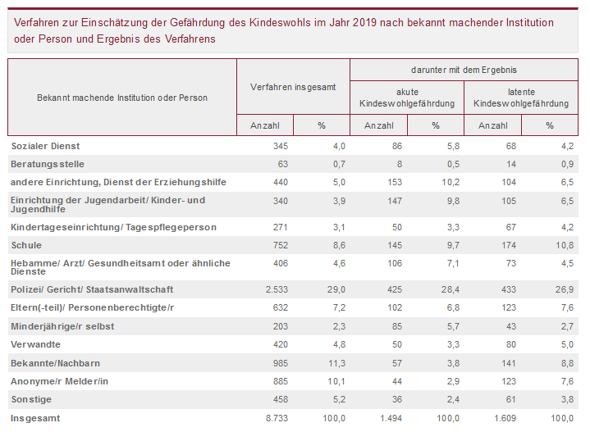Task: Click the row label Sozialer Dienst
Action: (x=44, y=146)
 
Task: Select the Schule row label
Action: (x=26, y=245)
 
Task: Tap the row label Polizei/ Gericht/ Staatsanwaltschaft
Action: (x=93, y=290)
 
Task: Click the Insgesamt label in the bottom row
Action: (x=35, y=418)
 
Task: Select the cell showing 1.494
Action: (x=387, y=418)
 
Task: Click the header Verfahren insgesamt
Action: (x=293, y=86)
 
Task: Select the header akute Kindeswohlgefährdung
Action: (x=407, y=98)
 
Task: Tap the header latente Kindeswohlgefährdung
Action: (x=521, y=98)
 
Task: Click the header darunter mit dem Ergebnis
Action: (x=464, y=70)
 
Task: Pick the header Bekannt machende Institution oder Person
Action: (x=122, y=98)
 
